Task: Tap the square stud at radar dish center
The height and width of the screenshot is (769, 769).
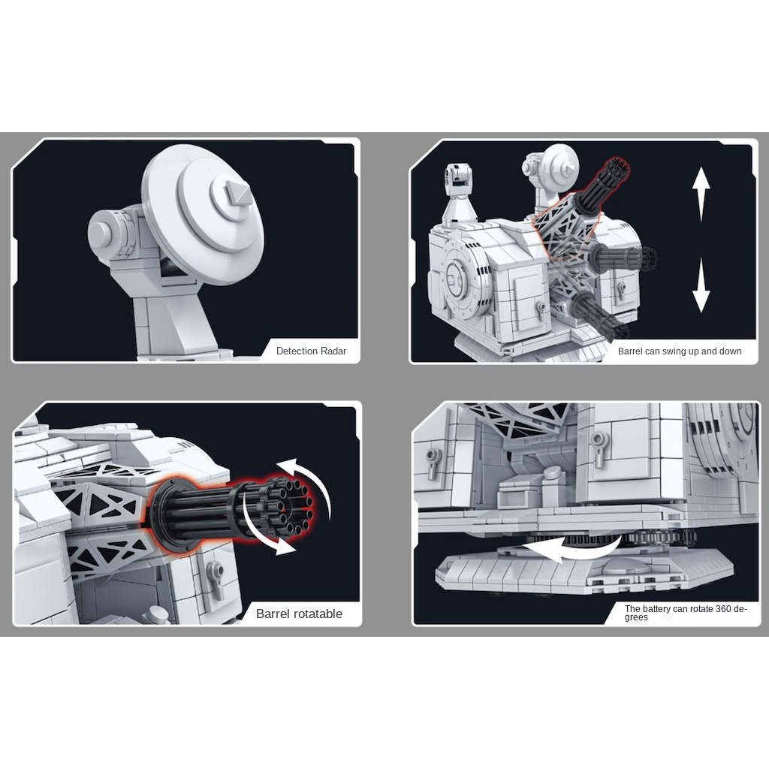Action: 237,193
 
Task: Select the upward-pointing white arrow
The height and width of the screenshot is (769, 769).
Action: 701,195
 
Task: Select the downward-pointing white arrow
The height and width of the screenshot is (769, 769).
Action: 701,285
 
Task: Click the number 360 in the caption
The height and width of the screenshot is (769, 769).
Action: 724,608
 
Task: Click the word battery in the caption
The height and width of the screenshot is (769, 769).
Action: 656,608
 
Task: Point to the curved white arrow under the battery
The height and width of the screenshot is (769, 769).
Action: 569,547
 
